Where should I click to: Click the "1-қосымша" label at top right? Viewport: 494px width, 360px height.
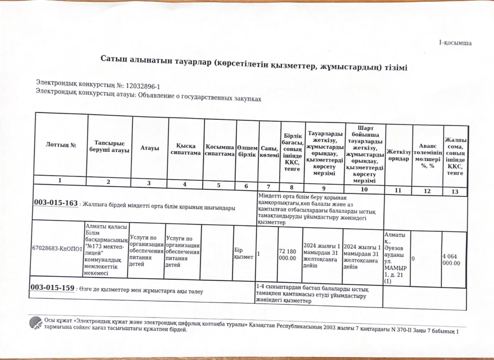click(455, 43)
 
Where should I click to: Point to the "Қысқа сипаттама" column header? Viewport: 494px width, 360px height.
click(186, 150)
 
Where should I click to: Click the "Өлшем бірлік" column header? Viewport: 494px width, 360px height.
click(247, 151)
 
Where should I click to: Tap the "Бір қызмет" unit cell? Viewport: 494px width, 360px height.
click(243, 254)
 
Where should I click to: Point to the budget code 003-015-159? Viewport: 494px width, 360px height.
click(52, 288)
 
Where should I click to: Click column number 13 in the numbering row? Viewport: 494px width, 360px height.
click(455, 191)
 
